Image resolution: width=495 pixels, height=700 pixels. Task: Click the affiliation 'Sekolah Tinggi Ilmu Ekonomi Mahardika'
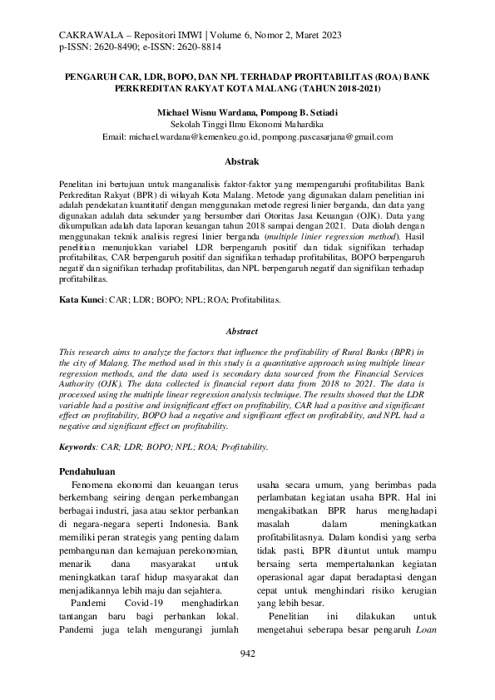click(x=247, y=122)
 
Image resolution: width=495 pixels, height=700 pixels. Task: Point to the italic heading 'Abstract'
click(x=246, y=330)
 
